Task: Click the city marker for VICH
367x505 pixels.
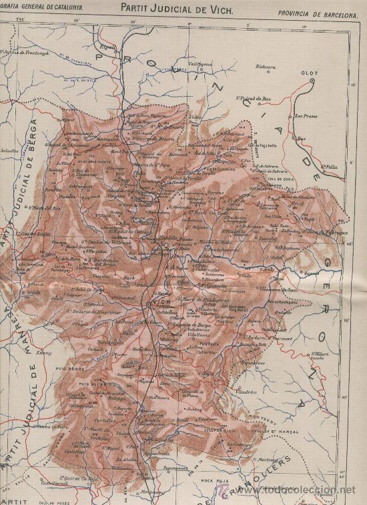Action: click(x=147, y=305)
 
